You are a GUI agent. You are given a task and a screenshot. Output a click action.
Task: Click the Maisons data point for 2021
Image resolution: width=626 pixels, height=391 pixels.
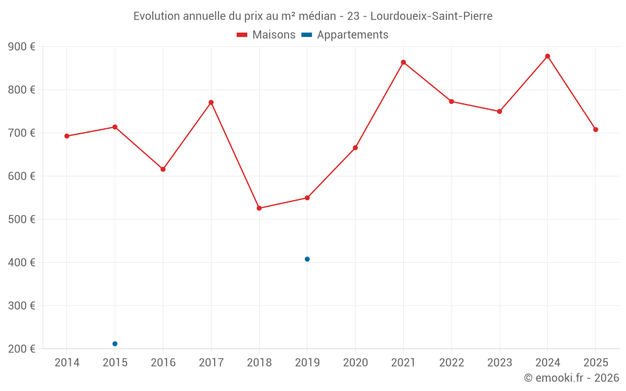tap(403, 63)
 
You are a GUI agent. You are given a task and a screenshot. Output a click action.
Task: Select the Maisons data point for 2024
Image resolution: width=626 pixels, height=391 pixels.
tap(548, 56)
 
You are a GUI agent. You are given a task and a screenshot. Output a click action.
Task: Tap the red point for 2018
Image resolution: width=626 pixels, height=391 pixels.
tap(259, 208)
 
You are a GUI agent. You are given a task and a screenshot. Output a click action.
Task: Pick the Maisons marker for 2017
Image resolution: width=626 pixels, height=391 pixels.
tap(211, 103)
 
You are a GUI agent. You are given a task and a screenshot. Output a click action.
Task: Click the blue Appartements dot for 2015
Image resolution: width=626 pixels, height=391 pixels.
tap(115, 344)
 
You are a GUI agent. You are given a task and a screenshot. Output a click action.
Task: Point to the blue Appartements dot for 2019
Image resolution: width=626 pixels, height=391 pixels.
tap(307, 259)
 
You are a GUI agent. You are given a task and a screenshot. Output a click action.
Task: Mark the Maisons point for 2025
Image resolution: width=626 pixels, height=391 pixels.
tap(596, 129)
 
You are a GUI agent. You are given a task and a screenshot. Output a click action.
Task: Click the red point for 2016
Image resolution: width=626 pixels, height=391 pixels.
tap(163, 170)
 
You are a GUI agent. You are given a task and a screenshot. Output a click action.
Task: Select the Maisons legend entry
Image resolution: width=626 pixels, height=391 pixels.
tap(266, 35)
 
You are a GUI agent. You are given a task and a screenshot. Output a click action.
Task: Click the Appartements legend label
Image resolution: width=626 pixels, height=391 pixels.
tap(352, 35)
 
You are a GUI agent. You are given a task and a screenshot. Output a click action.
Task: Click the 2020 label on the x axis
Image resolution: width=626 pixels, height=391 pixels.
tap(356, 363)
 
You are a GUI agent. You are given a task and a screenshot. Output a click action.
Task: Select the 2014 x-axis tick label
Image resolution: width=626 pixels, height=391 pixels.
tap(67, 363)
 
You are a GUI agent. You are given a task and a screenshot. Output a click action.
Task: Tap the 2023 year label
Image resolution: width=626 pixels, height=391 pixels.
tap(500, 363)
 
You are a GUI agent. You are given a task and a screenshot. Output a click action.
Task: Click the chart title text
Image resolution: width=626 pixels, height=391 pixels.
tap(313, 16)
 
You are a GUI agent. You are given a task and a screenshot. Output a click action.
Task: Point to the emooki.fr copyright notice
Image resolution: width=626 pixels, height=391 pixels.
tap(572, 378)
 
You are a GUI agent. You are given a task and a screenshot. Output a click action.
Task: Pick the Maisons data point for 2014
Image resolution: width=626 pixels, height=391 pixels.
tap(67, 136)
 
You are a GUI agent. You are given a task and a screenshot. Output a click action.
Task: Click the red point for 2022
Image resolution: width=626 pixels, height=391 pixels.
tap(451, 101)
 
